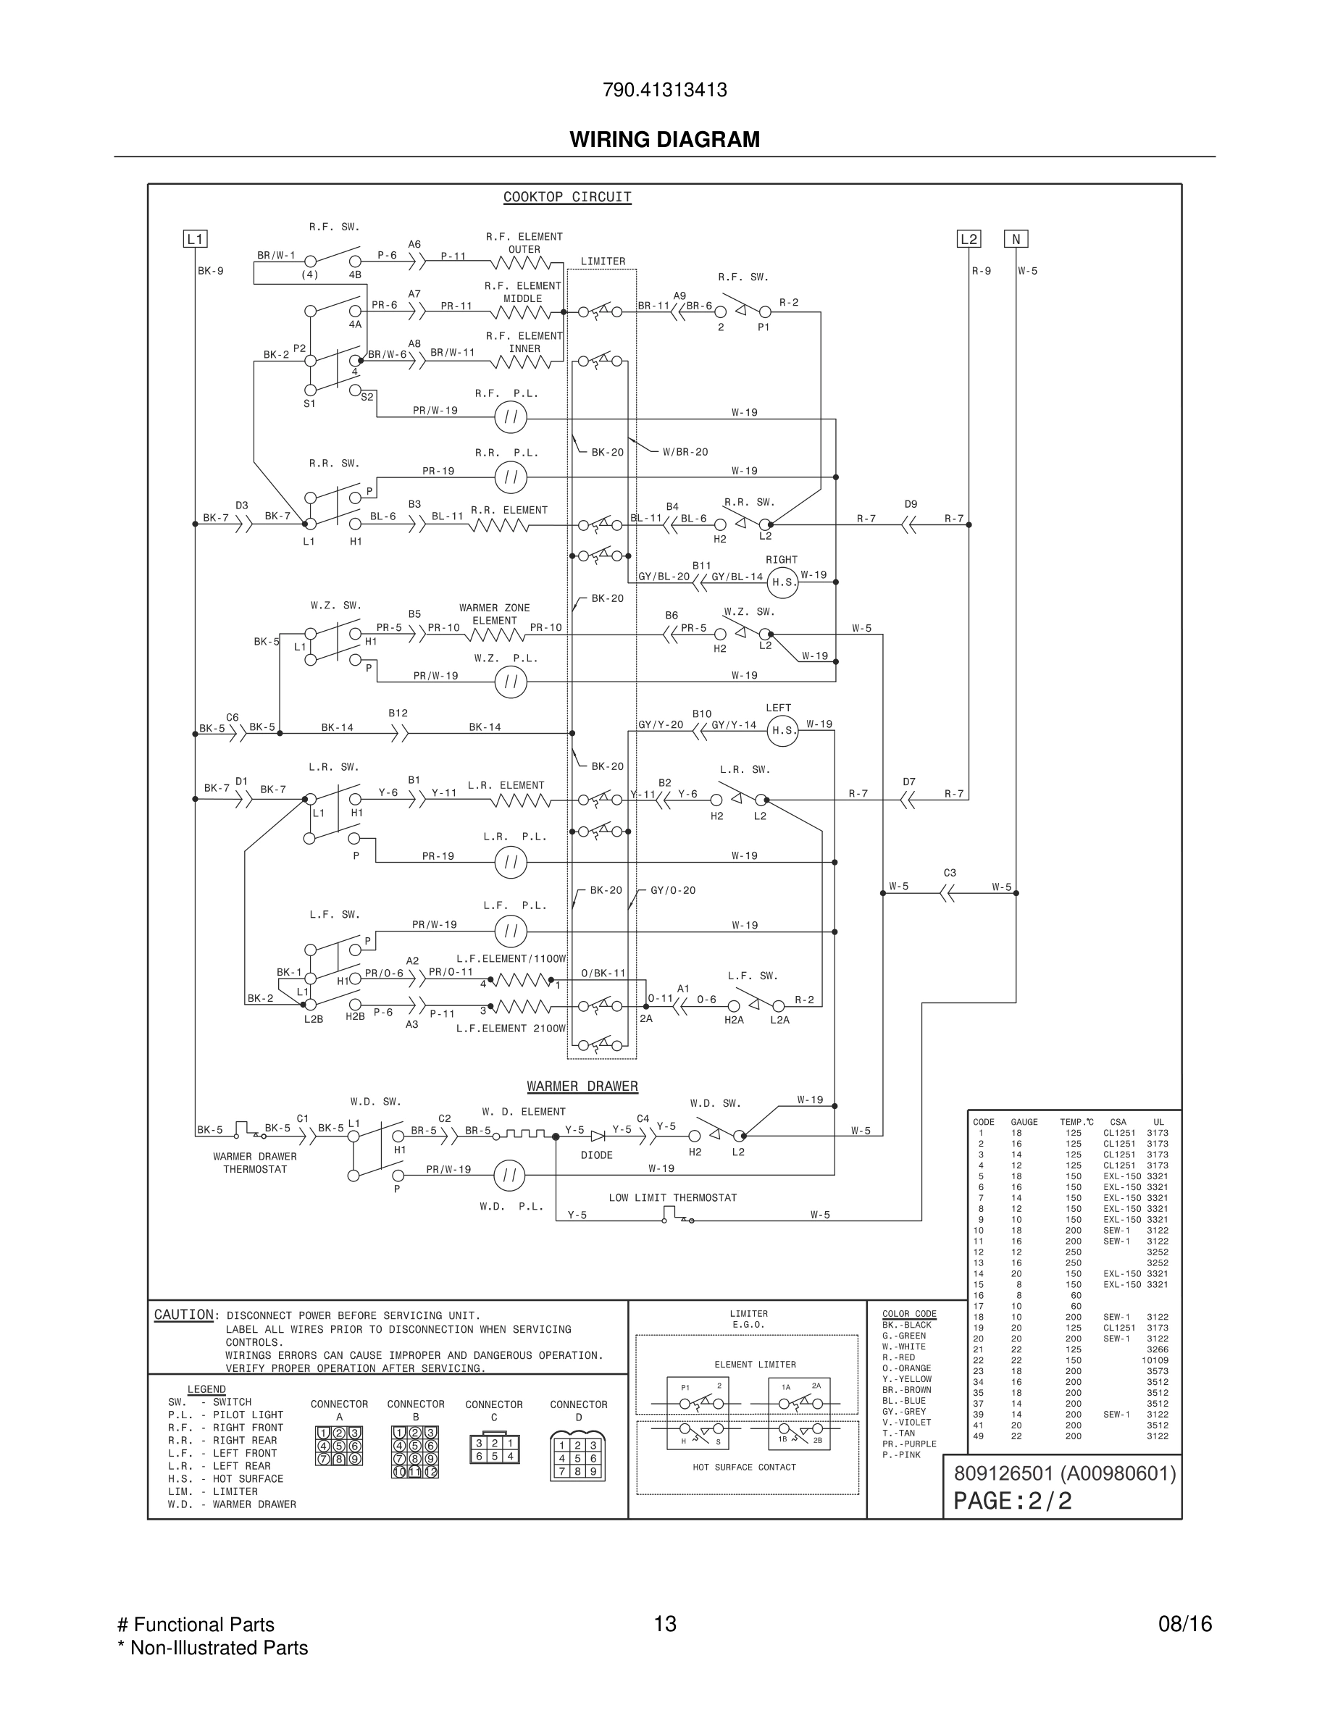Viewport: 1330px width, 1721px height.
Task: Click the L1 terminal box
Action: coord(195,239)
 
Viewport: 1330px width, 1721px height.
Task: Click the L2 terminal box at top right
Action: coord(969,239)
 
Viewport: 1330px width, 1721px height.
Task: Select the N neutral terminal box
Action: coord(1016,239)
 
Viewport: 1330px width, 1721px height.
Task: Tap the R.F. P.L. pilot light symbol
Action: coord(511,417)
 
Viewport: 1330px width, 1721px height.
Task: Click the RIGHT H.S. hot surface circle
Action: coord(782,582)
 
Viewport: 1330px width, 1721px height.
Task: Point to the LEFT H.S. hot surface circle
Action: coord(782,730)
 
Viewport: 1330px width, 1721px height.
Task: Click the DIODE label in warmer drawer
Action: coord(596,1155)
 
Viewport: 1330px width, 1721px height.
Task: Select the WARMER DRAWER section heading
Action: coord(582,1086)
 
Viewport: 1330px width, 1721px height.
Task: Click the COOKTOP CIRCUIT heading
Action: coord(567,197)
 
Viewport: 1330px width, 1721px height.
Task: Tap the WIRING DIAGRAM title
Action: coord(664,140)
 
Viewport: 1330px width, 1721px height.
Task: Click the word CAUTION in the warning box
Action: coord(183,1315)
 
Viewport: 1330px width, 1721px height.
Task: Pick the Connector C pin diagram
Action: coord(494,1449)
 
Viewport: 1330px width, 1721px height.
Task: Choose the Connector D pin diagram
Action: coord(578,1457)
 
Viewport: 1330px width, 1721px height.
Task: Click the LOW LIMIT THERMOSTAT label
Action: coord(672,1198)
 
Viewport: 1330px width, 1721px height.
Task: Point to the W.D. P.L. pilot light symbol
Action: coord(509,1176)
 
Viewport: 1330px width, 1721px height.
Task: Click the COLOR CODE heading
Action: coord(909,1314)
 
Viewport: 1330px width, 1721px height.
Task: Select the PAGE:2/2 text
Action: coord(1013,1501)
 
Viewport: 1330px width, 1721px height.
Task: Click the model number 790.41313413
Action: coord(664,90)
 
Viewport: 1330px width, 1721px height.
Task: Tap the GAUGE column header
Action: coord(1024,1122)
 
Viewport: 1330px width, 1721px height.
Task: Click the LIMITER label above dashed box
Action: coord(603,261)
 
